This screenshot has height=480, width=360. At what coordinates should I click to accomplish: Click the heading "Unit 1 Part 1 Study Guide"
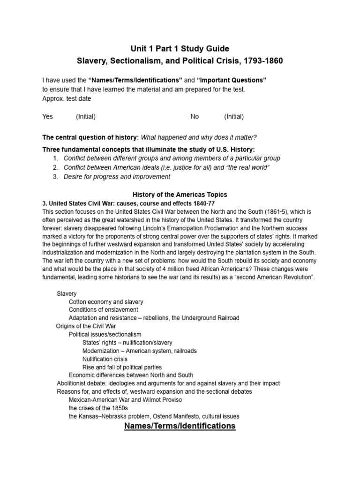180,48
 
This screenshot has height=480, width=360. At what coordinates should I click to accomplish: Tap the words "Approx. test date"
67,98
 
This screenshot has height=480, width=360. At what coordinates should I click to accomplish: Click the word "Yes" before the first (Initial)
48,117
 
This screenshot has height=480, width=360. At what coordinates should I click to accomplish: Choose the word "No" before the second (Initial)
195,117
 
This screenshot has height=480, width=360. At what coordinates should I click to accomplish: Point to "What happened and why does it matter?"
199,137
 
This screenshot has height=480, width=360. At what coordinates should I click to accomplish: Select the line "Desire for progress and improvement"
117,177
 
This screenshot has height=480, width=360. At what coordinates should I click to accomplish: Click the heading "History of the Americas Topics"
180,195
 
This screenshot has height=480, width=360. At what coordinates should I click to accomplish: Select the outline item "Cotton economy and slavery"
106,302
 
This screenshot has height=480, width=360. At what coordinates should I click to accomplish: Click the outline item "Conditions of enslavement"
103,310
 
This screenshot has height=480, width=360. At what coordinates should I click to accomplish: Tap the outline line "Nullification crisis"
108,359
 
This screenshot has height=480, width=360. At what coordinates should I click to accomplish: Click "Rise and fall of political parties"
122,367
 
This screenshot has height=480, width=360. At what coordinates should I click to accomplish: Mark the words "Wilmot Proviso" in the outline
162,400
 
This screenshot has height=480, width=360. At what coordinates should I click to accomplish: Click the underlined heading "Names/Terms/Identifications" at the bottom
180,426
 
